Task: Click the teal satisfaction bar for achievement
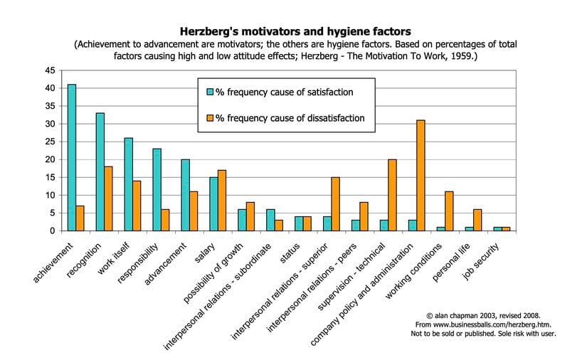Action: pos(71,157)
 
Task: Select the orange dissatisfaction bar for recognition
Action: pos(108,198)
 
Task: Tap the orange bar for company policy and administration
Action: pos(421,175)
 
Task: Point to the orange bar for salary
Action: pos(222,200)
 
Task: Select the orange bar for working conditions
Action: pos(449,211)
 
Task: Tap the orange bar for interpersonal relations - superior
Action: pos(336,203)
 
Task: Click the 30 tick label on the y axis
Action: pos(49,124)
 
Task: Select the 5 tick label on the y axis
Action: pos(52,213)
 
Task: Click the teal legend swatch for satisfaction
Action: pos(210,92)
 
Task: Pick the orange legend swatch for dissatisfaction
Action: pos(210,118)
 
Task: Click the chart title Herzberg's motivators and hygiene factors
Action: pos(293,31)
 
